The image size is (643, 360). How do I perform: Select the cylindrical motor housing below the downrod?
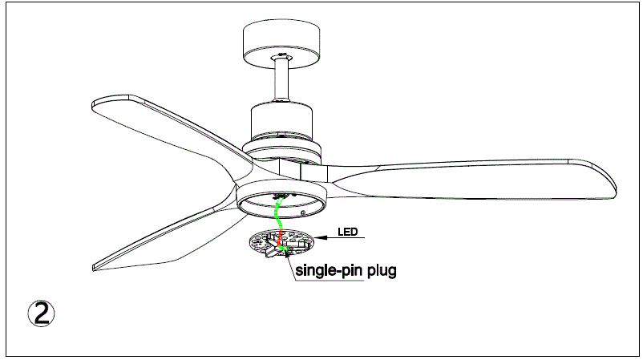tap(282, 120)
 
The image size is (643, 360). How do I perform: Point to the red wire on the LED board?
tap(280, 238)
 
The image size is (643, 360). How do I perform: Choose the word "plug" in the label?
tap(382, 271)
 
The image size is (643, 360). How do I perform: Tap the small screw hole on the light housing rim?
tap(303, 213)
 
